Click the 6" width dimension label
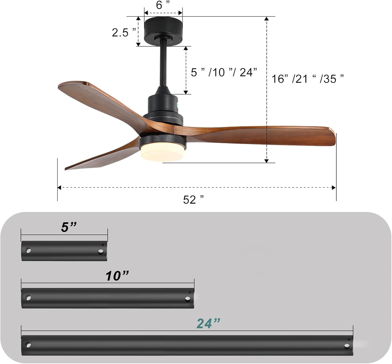tap(163, 5)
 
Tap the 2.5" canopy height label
tap(123, 32)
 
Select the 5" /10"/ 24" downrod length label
tap(224, 72)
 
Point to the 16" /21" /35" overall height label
tap(307, 79)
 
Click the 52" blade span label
tap(193, 200)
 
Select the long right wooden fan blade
tap(261, 135)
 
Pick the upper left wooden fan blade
tap(102, 102)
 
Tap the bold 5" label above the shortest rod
tap(69, 227)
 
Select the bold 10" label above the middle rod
tap(117, 276)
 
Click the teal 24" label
tap(208, 323)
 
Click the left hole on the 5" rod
tap(28, 251)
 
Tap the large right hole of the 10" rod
tap(187, 299)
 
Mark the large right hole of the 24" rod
tap(347, 346)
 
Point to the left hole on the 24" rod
tap(28, 345)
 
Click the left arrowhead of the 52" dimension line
tap(59, 187)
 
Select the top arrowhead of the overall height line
tap(267, 19)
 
